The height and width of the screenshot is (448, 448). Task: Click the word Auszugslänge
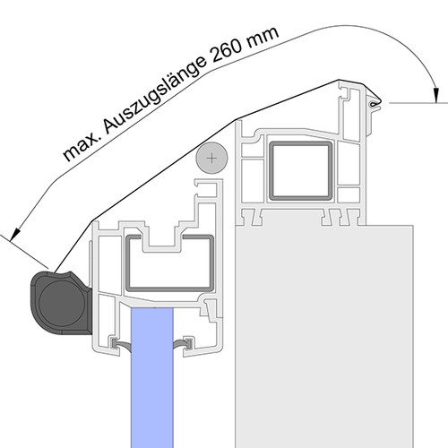click(x=155, y=95)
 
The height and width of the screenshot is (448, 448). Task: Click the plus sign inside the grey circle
click(x=211, y=159)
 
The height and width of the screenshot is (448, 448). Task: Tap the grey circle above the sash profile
click(x=211, y=158)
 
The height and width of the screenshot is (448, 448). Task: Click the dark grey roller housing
click(x=60, y=303)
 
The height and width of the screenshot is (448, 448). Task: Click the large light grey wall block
click(x=324, y=337)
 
